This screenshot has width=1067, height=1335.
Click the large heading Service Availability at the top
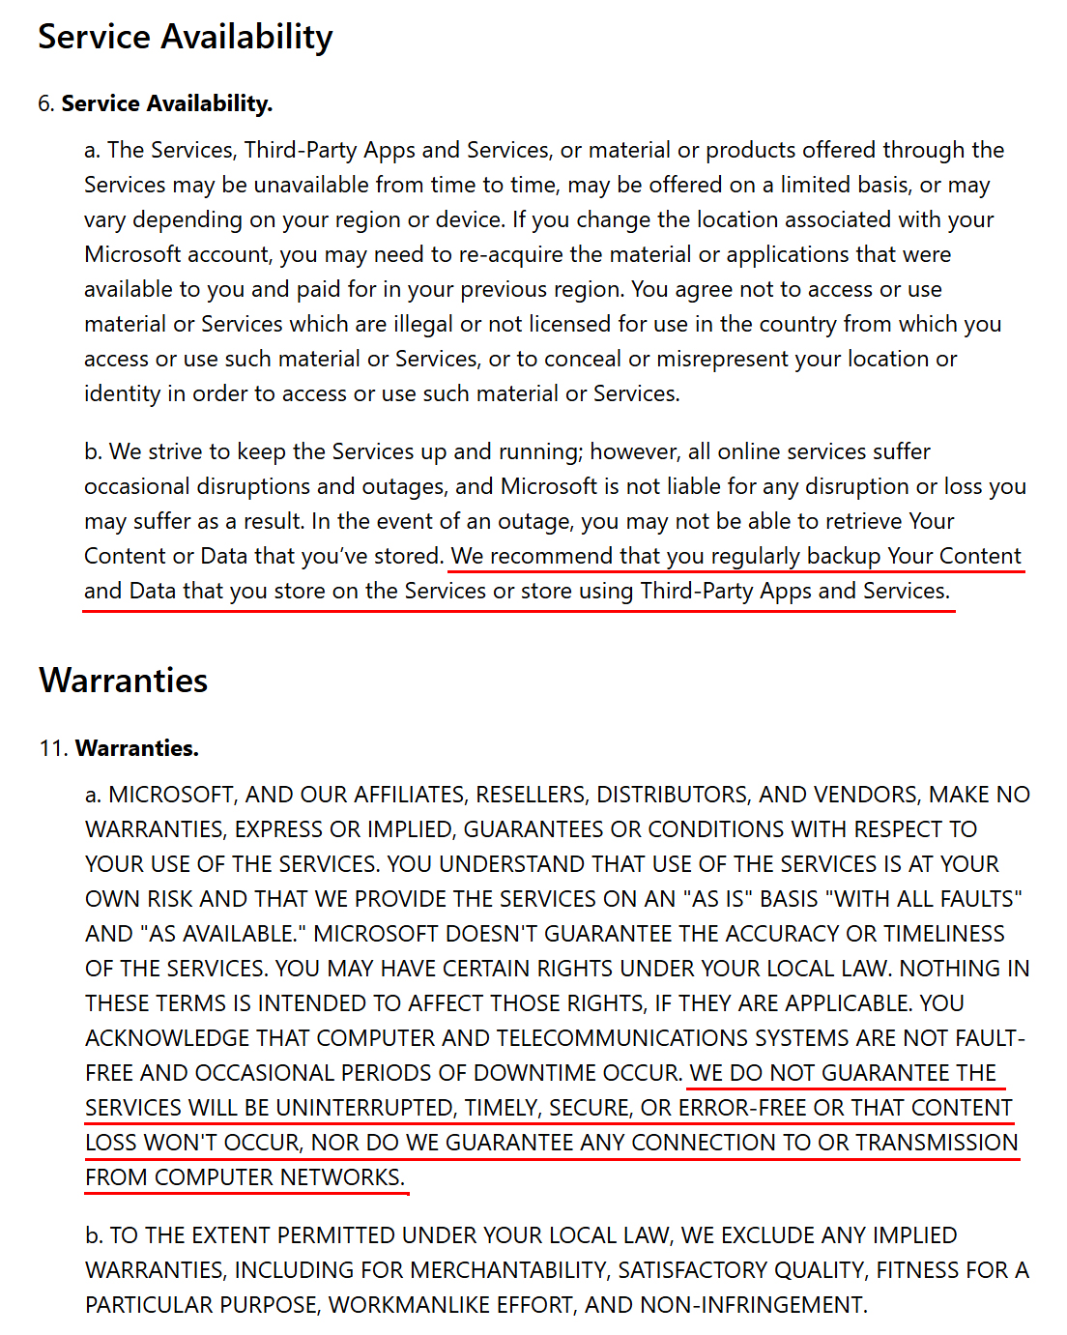[185, 37]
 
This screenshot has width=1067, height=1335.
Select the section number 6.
[45, 103]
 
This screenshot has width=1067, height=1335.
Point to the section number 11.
[52, 748]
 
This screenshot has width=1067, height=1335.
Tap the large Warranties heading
[123, 681]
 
